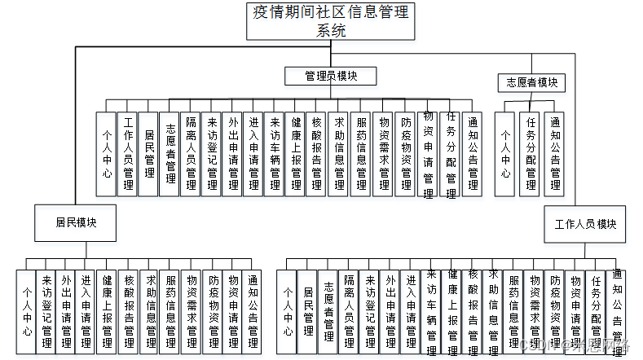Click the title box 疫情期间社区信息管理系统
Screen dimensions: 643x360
(x=331, y=20)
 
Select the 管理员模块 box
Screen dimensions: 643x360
(x=329, y=76)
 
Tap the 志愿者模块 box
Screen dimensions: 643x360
(x=531, y=82)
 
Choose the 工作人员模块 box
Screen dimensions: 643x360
(x=585, y=223)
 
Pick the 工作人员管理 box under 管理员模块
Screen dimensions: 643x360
(x=128, y=153)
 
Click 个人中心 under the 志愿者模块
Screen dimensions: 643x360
(x=505, y=153)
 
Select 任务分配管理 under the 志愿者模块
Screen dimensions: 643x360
(x=531, y=153)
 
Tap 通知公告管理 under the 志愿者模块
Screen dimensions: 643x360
(x=554, y=153)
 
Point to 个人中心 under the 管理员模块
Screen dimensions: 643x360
(x=106, y=153)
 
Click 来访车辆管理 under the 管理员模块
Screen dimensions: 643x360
(x=275, y=153)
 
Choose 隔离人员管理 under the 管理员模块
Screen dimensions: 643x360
(x=190, y=153)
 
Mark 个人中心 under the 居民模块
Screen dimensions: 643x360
(x=27, y=310)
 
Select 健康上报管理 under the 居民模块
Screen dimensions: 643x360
(x=106, y=310)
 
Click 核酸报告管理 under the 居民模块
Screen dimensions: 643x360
(x=127, y=310)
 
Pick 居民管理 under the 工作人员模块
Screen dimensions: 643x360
(x=308, y=310)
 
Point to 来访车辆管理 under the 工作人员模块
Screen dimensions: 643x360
(x=431, y=310)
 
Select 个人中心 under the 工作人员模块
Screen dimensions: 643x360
(x=288, y=310)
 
